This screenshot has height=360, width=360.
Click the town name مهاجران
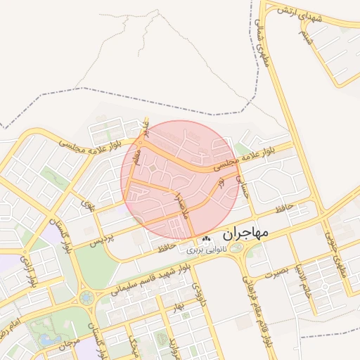(x=245, y=233)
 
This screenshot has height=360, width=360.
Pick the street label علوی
(x=88, y=206)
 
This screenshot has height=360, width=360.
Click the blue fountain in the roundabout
(x=86, y=298)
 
